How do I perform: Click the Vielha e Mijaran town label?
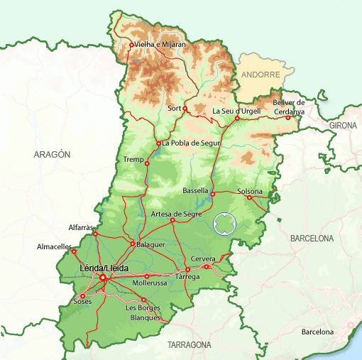point(160,44)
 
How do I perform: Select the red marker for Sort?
point(185,109)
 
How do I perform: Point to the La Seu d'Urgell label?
point(237,111)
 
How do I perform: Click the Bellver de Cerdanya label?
point(288,107)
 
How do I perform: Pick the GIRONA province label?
point(344,125)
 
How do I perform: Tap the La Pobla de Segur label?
point(192,143)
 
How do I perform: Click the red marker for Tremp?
point(147,163)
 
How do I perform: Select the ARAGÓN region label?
point(52,153)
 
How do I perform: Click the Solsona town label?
point(250,191)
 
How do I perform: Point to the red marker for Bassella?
point(212,194)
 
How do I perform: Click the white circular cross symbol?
point(224,224)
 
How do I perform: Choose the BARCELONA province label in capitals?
point(312,239)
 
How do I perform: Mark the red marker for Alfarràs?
point(95,234)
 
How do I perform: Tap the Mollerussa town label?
point(149,283)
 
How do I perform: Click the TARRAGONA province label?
point(189,344)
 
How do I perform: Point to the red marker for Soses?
point(82,296)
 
